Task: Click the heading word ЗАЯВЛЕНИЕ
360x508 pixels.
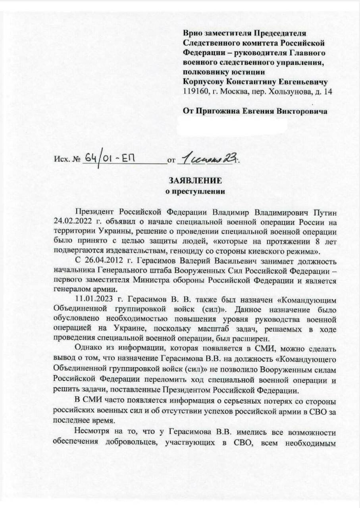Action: (x=194, y=181)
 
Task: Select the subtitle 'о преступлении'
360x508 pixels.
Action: (x=194, y=192)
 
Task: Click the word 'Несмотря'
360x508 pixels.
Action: (x=90, y=432)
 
